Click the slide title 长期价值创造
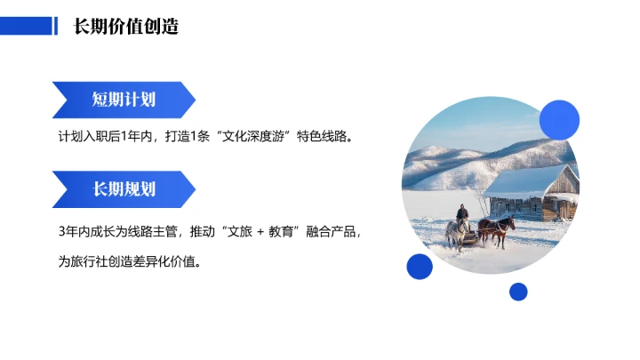point(126,27)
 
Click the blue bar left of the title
point(27,27)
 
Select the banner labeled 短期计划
point(124,99)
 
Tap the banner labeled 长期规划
point(124,188)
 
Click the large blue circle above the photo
point(559,119)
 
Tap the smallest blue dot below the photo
point(518,292)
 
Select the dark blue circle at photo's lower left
point(420,266)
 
